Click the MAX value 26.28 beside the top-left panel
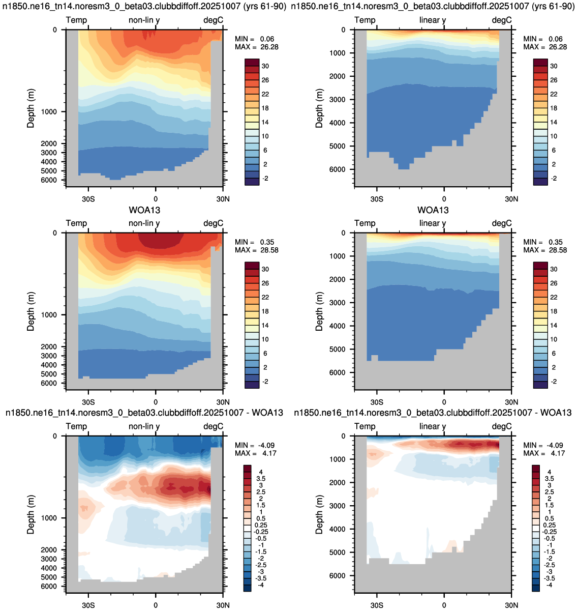pyautogui.click(x=269, y=47)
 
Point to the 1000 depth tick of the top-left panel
pyautogui.click(x=49, y=112)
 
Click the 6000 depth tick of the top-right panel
pyautogui.click(x=338, y=169)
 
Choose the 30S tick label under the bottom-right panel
pyautogui.click(x=377, y=605)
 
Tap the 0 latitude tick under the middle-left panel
pyautogui.click(x=156, y=402)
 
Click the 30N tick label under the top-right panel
pyautogui.click(x=511, y=199)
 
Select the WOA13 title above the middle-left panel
pyautogui.click(x=144, y=210)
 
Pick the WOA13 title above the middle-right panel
pyautogui.click(x=433, y=210)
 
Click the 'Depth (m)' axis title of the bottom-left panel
pyautogui.click(x=31, y=514)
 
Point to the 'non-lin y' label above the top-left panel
pyautogui.click(x=144, y=20)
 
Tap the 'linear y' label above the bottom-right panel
pyautogui.click(x=433, y=426)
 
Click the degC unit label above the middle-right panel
pyautogui.click(x=502, y=223)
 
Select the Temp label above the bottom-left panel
pyautogui.click(x=76, y=426)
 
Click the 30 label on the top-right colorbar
pyautogui.click(x=554, y=66)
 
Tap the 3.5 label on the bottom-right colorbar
pyautogui.click(x=550, y=478)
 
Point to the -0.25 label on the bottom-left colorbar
pyautogui.click(x=261, y=532)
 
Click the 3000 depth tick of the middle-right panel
pyautogui.click(x=338, y=302)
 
